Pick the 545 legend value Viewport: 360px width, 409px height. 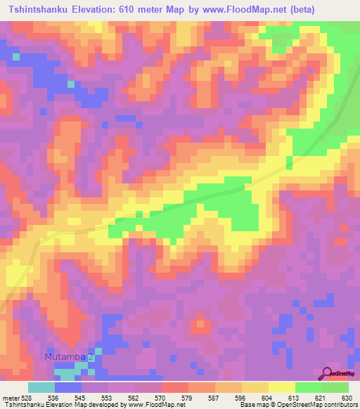82,398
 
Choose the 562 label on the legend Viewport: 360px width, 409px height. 136,398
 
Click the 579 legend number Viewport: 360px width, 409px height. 189,398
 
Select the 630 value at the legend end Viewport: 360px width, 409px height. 348,398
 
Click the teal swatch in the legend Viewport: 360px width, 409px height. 41,387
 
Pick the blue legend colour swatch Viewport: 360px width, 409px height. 68,387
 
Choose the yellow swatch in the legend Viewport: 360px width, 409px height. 282,387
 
